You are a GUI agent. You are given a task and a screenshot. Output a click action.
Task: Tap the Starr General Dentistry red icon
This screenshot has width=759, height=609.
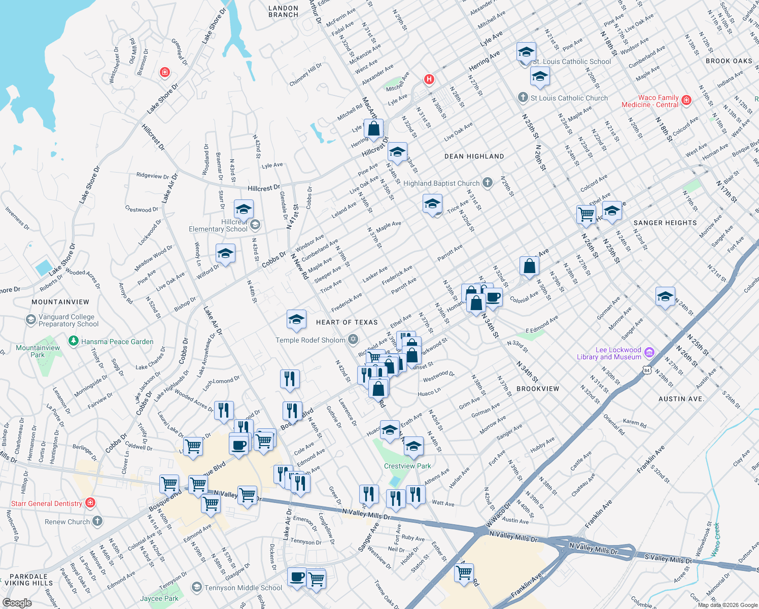coord(90,503)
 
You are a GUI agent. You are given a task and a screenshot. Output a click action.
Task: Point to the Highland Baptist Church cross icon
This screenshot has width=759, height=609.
coord(488,183)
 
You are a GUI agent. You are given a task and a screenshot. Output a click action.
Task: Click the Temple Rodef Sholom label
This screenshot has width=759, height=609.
coord(310,340)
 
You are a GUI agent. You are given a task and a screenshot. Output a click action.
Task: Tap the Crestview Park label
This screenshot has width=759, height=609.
coord(407,466)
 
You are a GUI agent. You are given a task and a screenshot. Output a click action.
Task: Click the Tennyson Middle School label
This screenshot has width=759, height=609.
coord(243,588)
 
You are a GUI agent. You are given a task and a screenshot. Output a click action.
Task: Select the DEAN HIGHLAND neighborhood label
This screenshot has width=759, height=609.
coord(474,156)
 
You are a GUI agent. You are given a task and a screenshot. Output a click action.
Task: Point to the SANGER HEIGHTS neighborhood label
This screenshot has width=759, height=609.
coord(665,223)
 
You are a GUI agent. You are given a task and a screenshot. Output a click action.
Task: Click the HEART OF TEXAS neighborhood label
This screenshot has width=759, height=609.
coord(347,322)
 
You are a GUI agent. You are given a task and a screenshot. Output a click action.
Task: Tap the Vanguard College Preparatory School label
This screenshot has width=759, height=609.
coord(68,320)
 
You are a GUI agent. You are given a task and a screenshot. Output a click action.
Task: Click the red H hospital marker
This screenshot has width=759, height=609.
coord(429,79)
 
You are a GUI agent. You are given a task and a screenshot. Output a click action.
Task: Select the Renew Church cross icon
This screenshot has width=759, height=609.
coord(97,521)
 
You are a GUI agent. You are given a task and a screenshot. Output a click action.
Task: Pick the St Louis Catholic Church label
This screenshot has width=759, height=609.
coord(569,98)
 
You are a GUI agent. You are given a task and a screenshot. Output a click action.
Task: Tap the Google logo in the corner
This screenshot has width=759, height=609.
coord(17,603)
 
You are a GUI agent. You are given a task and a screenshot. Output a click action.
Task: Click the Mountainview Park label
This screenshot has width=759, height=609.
coord(38,351)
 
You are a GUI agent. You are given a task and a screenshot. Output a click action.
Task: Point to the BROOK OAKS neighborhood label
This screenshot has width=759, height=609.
coord(729,61)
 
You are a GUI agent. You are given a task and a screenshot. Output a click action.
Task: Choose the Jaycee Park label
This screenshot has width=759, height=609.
coord(159,598)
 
